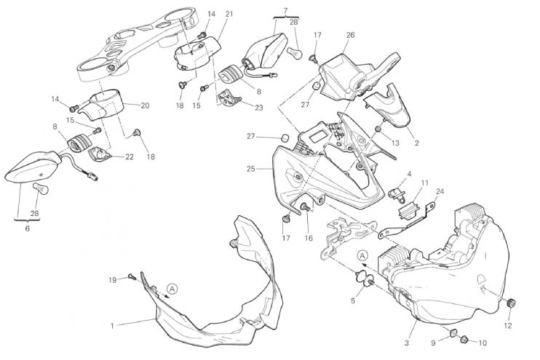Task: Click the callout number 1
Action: [112, 325]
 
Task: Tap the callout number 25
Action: [250, 169]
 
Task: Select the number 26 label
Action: [350, 35]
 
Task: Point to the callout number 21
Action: [229, 15]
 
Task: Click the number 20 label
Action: [144, 105]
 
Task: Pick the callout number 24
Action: [440, 192]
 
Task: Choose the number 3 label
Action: [407, 342]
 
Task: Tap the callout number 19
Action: [112, 279]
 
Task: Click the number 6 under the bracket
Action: [28, 228]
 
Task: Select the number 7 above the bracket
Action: [285, 10]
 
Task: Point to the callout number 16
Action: [308, 238]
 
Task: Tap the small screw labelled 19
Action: [130, 276]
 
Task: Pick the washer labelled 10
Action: [464, 340]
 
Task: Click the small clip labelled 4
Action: [399, 192]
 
